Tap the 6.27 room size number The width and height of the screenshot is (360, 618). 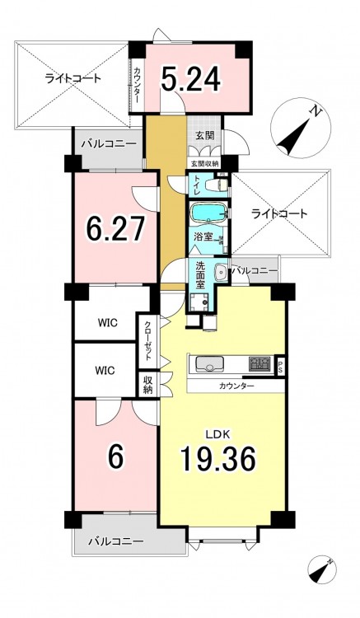(x=115, y=227)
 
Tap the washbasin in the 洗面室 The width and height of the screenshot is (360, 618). (x=222, y=272)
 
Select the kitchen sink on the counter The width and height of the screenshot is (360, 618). (x=209, y=363)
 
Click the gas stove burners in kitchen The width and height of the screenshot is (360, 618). (x=259, y=363)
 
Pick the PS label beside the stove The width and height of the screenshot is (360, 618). (x=280, y=367)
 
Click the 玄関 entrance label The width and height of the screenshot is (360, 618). (x=205, y=136)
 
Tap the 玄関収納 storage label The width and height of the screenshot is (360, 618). (x=205, y=162)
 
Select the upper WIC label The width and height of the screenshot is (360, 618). (x=107, y=322)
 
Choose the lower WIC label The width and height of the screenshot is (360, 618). (x=105, y=371)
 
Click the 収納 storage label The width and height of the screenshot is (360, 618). (x=147, y=384)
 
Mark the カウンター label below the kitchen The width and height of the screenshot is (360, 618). (x=236, y=386)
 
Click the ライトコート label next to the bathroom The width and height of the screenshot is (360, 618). (x=279, y=214)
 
